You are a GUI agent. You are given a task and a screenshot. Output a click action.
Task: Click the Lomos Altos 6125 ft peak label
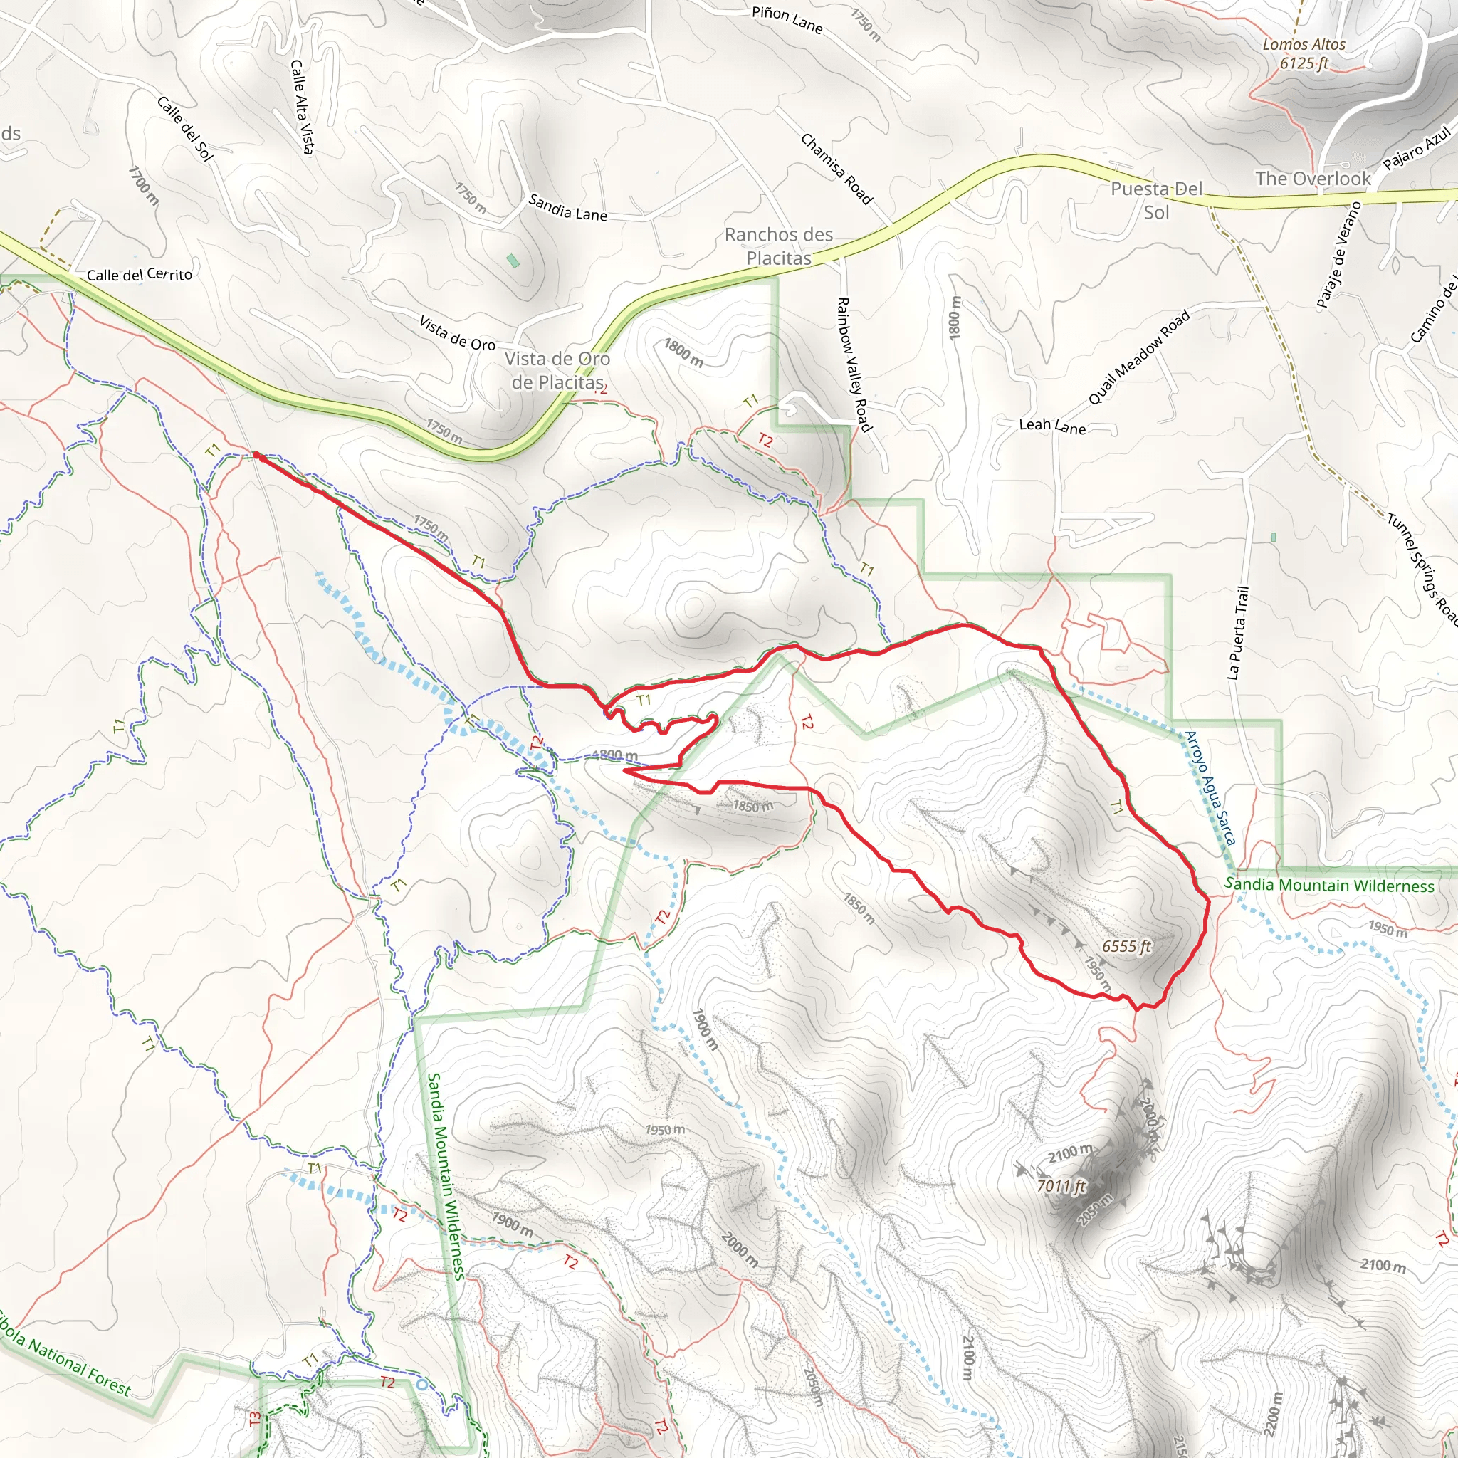1304,54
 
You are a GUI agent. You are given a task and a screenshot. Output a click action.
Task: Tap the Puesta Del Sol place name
1156,200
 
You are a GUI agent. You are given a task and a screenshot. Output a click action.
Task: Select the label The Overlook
1313,179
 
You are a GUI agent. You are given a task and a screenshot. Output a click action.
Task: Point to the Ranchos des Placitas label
779,246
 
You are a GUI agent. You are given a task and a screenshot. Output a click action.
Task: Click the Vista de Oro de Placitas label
557,370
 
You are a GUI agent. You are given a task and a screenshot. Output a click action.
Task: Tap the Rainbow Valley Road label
854,364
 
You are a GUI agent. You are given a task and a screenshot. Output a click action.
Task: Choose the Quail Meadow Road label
1139,357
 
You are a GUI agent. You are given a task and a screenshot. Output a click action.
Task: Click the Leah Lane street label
1052,426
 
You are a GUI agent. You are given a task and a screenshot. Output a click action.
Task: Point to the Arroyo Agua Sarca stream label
1210,788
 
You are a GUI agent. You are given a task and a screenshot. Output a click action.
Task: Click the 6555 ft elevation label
1127,946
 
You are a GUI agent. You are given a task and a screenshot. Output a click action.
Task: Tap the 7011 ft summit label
1061,1186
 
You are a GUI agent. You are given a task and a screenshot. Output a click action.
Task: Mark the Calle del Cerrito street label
140,275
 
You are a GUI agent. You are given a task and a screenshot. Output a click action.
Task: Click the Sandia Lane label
567,208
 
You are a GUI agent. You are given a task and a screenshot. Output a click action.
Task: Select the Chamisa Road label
836,168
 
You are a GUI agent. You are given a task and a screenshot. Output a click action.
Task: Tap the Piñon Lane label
787,21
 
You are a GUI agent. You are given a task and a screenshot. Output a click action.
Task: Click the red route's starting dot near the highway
256,456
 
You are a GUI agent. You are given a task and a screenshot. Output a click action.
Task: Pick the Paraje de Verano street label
1338,255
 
